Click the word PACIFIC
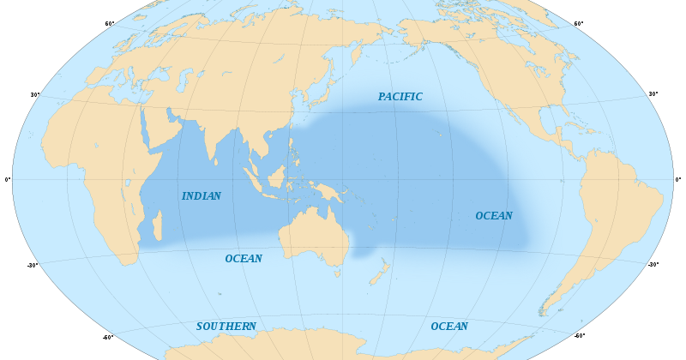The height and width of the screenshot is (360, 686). point(400,97)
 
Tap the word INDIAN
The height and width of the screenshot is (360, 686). point(202,196)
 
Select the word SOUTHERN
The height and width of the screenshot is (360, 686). point(226,327)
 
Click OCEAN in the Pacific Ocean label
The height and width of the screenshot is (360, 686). point(494,216)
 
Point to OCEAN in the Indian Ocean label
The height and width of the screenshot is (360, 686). point(244,259)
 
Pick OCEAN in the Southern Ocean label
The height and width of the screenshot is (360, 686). point(449,327)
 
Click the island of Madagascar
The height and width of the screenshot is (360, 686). point(157,227)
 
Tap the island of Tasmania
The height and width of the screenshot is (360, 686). point(338,273)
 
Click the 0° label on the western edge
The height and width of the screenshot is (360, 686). point(8,179)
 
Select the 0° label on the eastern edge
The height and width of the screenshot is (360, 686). point(678,179)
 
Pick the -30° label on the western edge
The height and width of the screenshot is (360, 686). point(33,265)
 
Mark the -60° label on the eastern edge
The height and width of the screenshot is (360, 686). point(579,336)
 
